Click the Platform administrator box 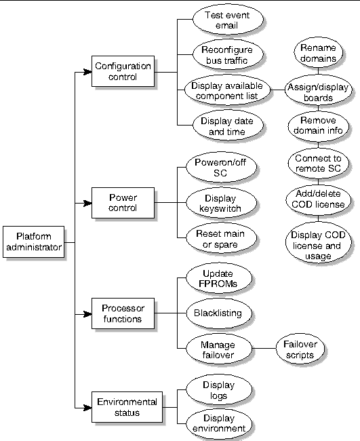34,242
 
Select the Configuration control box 123,71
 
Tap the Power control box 123,202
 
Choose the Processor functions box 123,313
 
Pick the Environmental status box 127,407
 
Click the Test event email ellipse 228,20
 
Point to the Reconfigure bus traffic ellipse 228,55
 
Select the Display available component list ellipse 227,90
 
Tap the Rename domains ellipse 319,52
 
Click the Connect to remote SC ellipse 319,163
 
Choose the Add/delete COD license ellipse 319,199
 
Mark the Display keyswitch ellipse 221,203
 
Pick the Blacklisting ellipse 218,313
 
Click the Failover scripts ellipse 300,349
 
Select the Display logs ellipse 218,390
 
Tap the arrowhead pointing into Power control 87,203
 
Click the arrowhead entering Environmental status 87,407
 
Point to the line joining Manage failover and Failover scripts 264,349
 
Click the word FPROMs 218,284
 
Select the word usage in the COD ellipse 318,256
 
